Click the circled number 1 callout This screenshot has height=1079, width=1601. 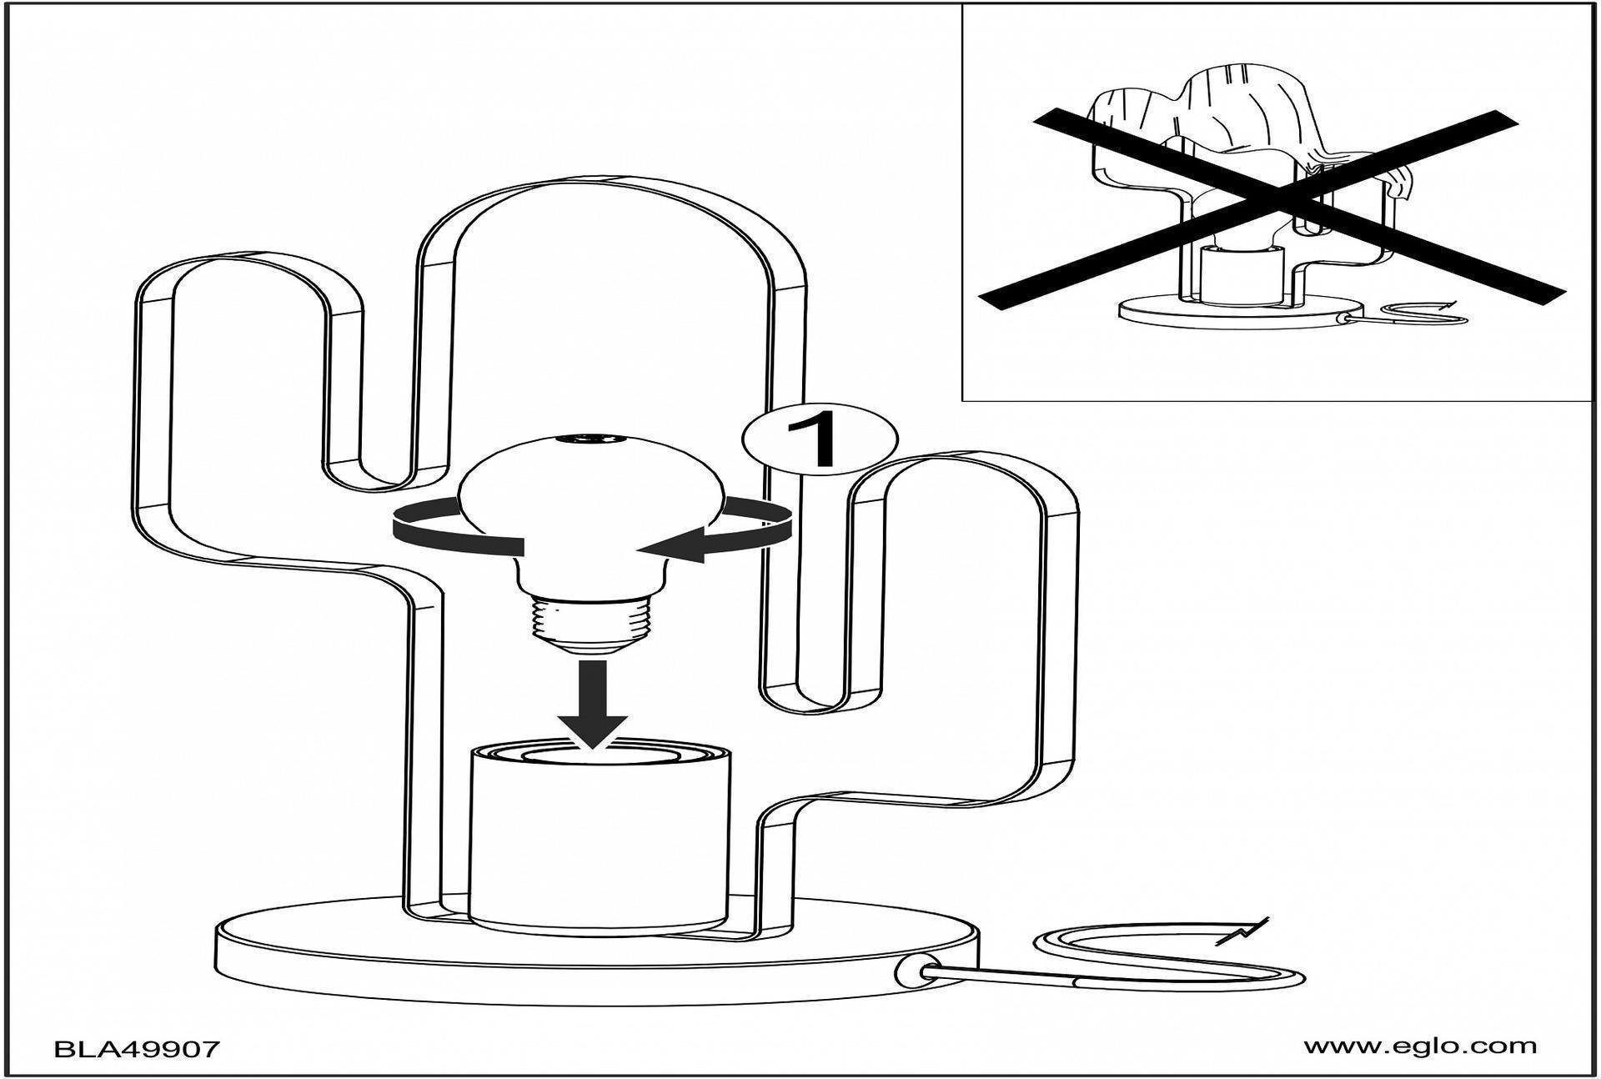click(x=820, y=439)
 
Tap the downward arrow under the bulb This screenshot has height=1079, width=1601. click(x=593, y=700)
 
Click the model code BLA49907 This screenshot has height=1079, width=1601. click(x=138, y=1048)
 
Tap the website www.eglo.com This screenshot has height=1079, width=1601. click(x=1420, y=1046)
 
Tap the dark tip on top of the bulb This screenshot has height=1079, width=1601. click(x=590, y=437)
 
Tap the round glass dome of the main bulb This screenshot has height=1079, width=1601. click(x=590, y=500)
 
